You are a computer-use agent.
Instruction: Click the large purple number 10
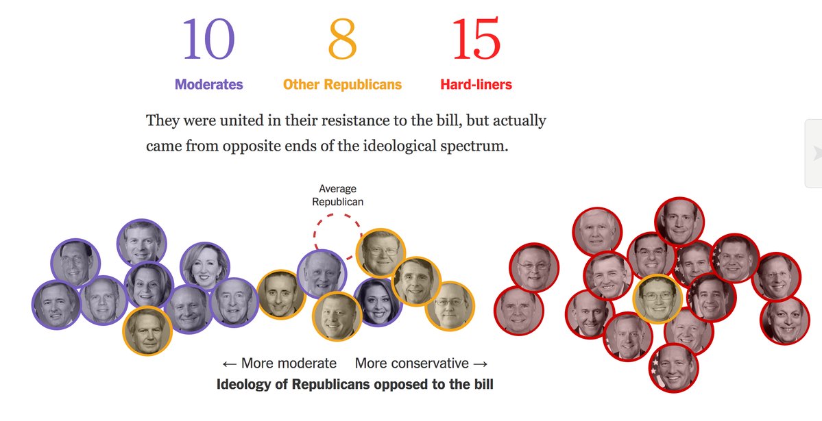[x=208, y=40]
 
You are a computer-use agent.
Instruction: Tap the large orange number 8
[x=343, y=40]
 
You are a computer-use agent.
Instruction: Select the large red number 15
[x=476, y=40]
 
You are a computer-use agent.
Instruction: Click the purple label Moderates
[x=208, y=85]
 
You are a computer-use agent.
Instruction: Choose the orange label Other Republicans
[x=342, y=85]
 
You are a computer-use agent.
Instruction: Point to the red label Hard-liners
[x=476, y=85]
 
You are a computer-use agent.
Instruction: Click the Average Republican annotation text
[x=337, y=195]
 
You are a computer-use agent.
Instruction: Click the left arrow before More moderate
[x=229, y=363]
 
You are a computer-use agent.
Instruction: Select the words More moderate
[x=289, y=363]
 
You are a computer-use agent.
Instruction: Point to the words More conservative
[x=411, y=363]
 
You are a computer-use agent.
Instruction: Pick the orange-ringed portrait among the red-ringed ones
[x=657, y=298]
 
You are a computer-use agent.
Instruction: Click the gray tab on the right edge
[x=813, y=153]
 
